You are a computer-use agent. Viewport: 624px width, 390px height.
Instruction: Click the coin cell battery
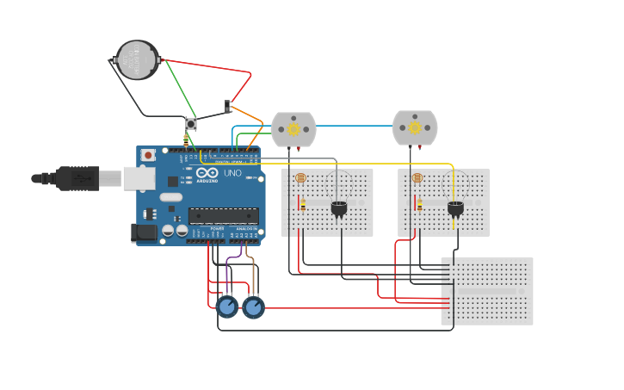138,60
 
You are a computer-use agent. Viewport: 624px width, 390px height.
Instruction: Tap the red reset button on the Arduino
149,155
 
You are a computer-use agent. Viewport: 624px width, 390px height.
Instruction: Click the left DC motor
293,129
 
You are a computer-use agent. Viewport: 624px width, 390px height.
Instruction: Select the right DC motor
415,127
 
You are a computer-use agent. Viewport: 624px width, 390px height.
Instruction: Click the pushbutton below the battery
191,124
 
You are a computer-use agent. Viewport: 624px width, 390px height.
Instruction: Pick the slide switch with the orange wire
228,107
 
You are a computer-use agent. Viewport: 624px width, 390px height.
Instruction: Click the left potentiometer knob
227,307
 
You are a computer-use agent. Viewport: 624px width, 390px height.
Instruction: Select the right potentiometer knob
253,307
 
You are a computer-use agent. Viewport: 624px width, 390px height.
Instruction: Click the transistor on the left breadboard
339,207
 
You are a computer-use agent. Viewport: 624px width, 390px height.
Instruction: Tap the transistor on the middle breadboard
455,207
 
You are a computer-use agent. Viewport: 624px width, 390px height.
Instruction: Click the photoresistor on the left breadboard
300,178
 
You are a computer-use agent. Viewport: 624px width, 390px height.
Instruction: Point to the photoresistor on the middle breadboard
417,178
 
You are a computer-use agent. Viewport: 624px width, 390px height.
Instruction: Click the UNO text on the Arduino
232,173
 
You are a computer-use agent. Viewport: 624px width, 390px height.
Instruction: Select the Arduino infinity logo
207,173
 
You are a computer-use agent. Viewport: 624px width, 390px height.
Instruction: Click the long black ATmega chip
223,215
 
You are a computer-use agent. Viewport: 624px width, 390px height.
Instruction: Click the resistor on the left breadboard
303,204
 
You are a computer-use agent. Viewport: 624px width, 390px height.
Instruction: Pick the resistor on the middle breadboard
419,204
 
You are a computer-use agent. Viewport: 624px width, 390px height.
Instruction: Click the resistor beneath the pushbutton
186,139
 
